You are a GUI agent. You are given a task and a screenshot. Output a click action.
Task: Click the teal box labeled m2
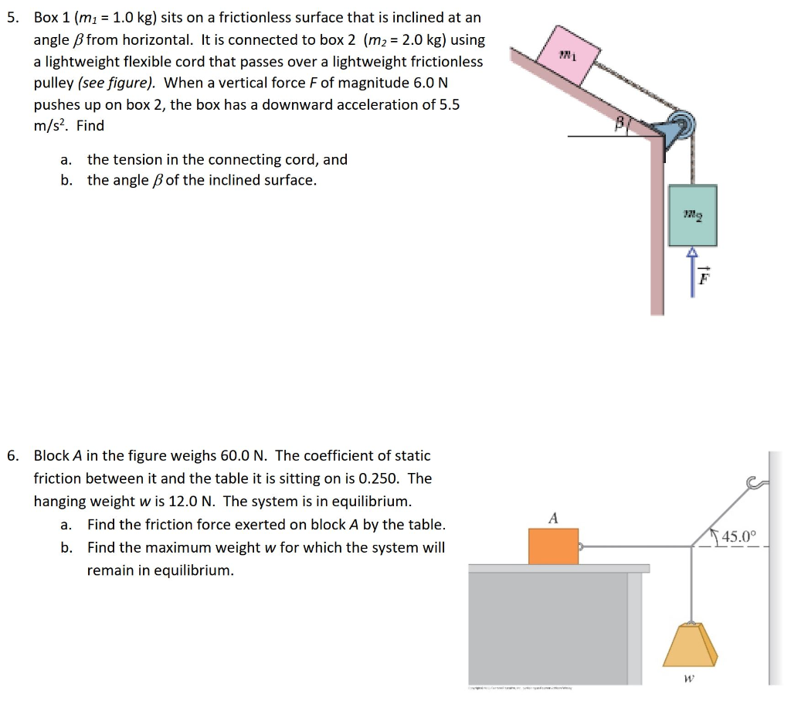point(693,216)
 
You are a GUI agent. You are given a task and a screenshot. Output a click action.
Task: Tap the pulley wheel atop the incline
point(680,124)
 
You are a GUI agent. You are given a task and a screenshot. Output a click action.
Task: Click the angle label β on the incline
point(620,123)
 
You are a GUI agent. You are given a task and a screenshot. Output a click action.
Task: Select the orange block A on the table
point(553,546)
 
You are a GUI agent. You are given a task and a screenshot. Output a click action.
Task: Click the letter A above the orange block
point(552,516)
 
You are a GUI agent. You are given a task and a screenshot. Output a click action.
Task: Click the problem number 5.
point(12,18)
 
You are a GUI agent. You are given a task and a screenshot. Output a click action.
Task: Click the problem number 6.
point(12,456)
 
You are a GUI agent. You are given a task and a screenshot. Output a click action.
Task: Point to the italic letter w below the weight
point(690,679)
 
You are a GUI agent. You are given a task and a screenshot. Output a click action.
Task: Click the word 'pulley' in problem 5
point(53,83)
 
